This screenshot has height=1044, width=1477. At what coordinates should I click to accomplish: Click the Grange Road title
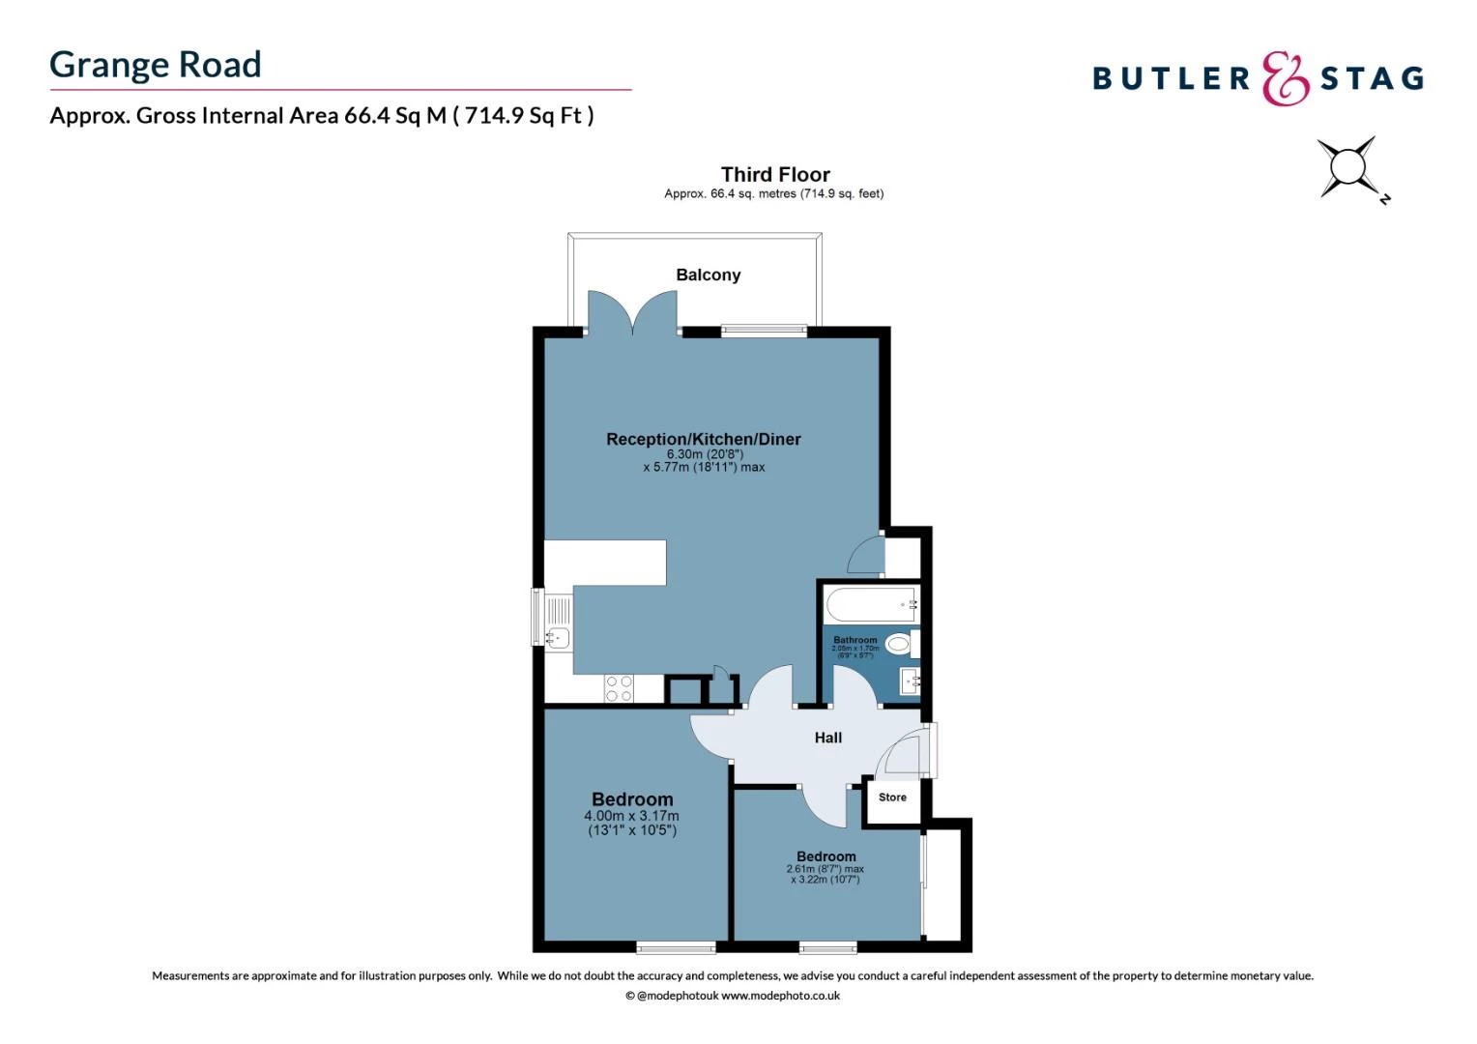[156, 65]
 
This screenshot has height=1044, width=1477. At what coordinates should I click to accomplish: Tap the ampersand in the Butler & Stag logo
[1286, 78]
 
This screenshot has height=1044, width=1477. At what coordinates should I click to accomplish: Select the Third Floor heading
[775, 175]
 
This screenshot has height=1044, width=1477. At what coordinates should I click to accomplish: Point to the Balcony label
[709, 275]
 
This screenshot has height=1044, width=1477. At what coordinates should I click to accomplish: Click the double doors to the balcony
[633, 314]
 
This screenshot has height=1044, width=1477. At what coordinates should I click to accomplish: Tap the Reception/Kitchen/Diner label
[704, 440]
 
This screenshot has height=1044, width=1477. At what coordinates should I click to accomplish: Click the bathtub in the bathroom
[871, 605]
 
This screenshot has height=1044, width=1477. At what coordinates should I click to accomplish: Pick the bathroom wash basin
[910, 681]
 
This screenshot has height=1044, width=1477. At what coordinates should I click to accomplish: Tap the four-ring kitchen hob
[619, 688]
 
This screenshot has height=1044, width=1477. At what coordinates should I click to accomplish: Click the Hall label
[828, 738]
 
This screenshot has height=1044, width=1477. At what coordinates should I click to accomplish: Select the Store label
[892, 797]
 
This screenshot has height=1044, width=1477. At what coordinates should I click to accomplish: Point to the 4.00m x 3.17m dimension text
[631, 816]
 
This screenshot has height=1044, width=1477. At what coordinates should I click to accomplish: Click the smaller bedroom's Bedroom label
[826, 856]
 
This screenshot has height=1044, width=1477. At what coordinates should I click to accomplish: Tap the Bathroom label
[855, 640]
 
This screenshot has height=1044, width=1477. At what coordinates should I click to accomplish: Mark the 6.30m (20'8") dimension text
[705, 454]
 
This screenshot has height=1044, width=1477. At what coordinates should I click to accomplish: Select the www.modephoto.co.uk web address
[780, 996]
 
